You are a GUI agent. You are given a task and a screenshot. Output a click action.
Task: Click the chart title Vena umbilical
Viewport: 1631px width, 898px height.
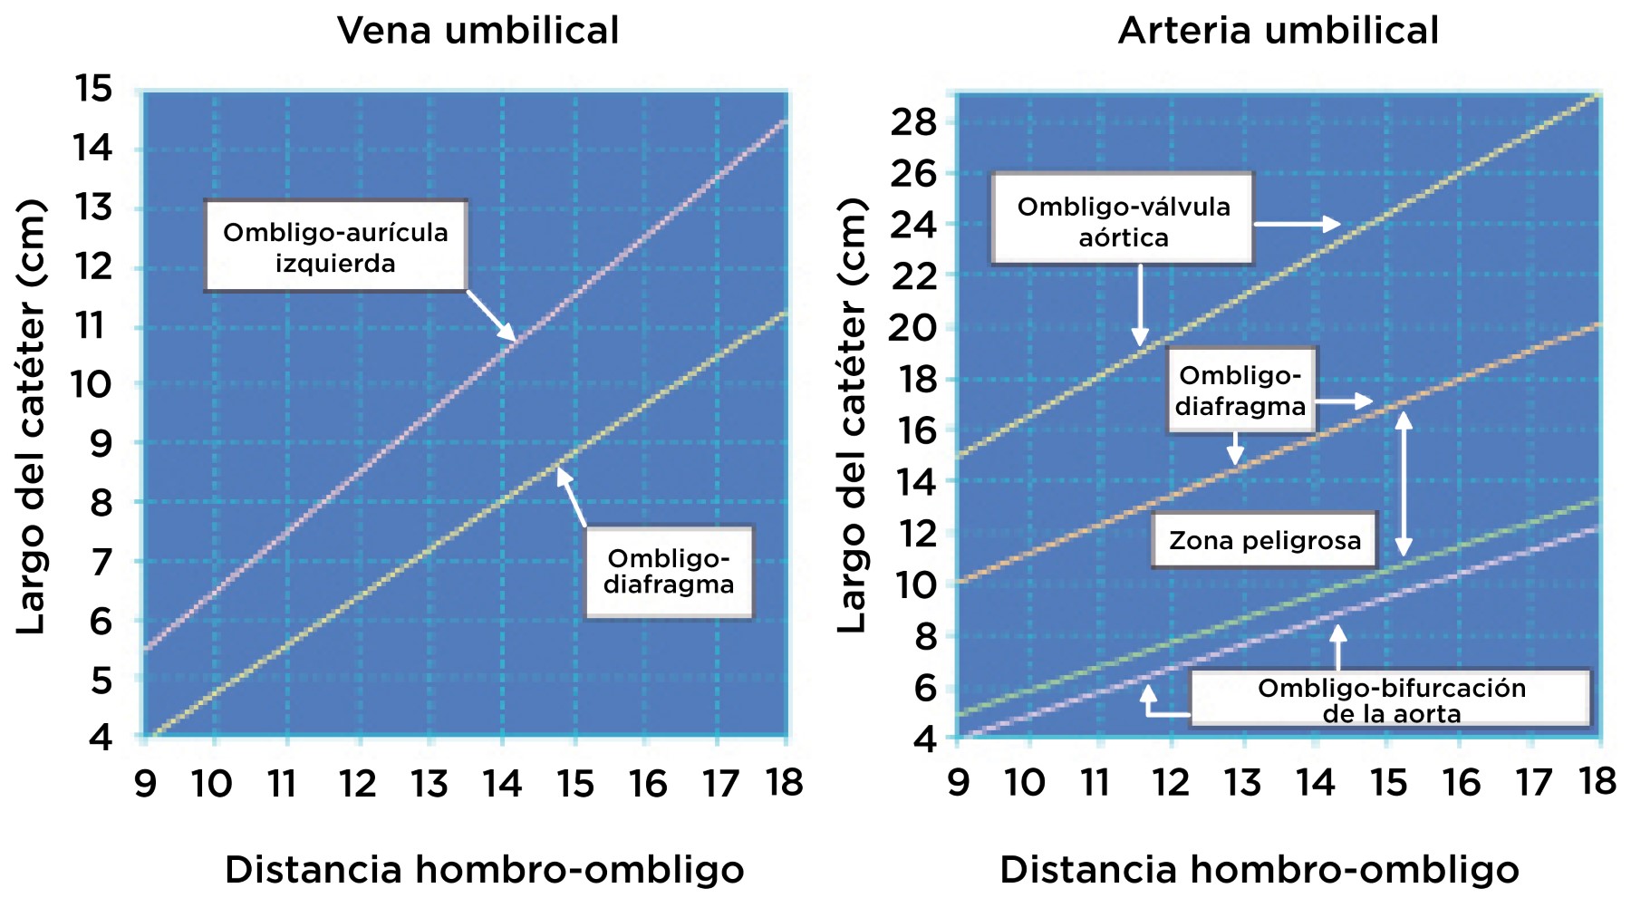(478, 31)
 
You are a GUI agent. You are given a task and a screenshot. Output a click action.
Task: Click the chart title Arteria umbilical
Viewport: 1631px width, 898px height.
(1278, 31)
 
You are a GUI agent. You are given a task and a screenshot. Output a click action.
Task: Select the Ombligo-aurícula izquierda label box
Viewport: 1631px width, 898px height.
(335, 246)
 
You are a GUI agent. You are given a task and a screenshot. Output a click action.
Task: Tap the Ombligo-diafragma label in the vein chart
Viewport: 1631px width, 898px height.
(669, 572)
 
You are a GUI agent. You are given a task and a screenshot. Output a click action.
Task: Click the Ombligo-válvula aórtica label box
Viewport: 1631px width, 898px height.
(1123, 220)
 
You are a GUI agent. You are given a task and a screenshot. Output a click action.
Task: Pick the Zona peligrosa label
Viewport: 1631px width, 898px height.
(1264, 541)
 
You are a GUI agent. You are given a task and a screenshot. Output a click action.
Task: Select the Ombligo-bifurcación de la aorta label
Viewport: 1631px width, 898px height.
(1391, 700)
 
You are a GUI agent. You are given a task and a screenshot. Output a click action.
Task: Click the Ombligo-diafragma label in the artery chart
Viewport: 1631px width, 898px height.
(1240, 391)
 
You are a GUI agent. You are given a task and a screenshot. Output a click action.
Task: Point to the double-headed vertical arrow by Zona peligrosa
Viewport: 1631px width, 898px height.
(1403, 484)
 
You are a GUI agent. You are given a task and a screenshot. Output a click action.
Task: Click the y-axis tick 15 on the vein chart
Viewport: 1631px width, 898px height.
(93, 89)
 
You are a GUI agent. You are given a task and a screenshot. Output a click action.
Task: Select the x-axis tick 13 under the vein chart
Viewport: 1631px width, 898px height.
(429, 784)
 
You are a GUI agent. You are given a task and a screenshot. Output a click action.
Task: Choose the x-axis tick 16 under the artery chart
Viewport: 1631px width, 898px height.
(1461, 782)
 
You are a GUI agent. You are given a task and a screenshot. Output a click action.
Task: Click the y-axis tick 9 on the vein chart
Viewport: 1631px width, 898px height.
(101, 443)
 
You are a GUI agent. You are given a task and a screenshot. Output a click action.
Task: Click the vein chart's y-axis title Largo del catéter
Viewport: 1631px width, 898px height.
(32, 416)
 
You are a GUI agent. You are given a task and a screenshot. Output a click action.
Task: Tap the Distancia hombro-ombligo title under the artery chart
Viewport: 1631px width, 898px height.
(1259, 870)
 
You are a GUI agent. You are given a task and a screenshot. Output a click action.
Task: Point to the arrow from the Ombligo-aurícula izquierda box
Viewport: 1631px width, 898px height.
(492, 316)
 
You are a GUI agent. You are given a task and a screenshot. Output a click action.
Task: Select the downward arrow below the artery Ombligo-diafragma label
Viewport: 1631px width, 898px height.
(1234, 449)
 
